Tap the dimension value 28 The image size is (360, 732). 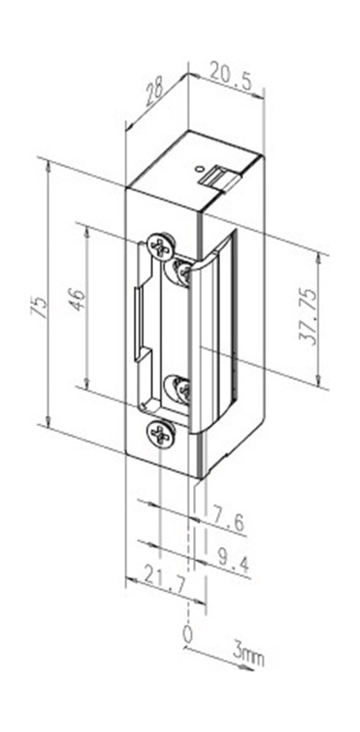(154, 94)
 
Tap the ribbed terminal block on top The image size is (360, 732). (220, 176)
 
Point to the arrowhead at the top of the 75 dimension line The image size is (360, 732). (48, 165)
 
